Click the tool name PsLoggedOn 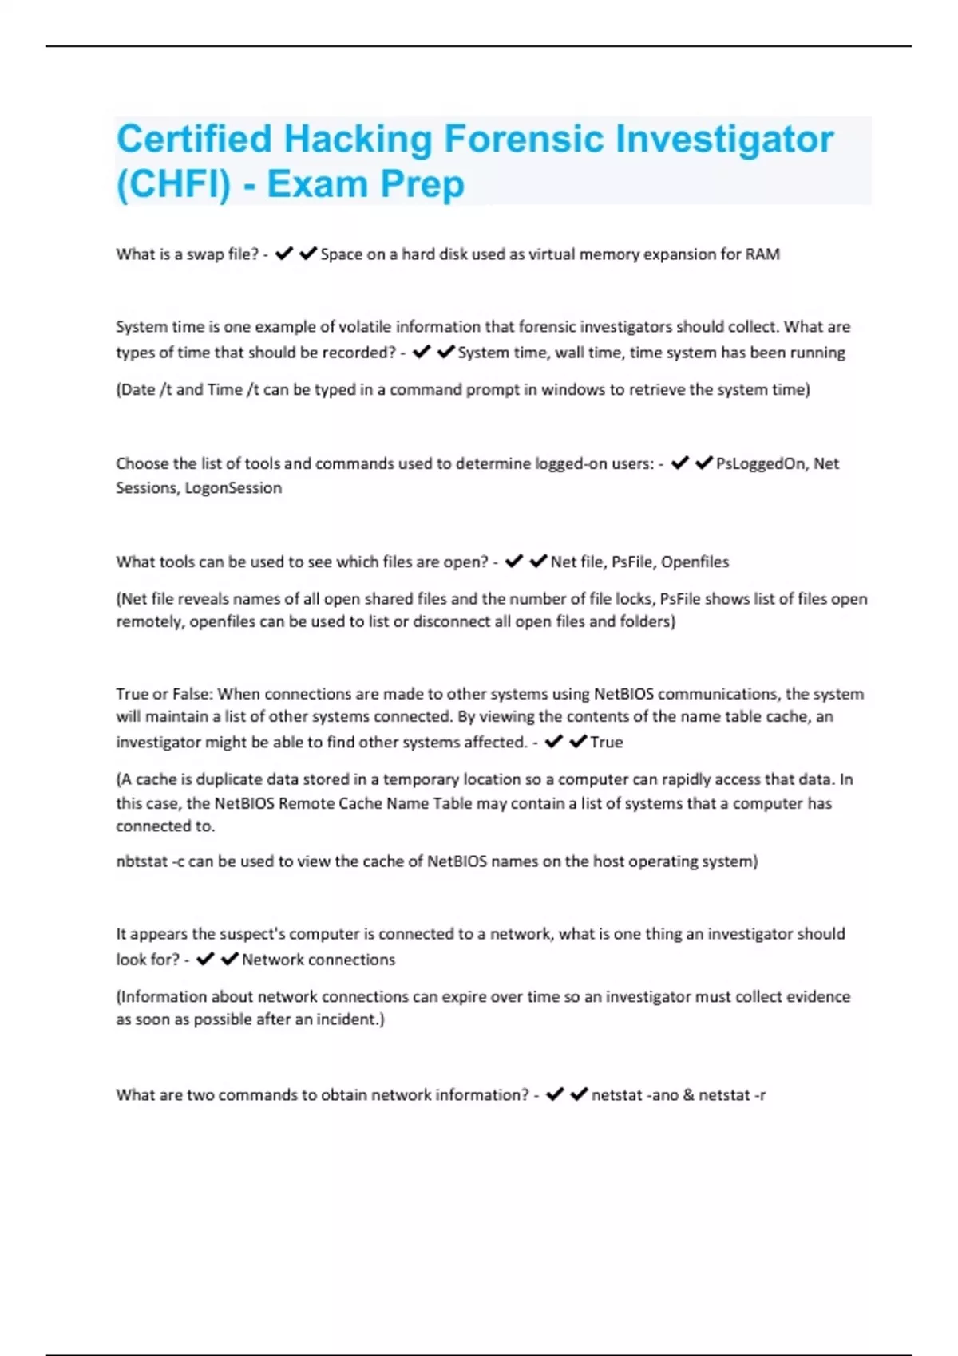[x=760, y=463]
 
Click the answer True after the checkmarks [x=606, y=742]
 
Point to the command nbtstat [x=141, y=861]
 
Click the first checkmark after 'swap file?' [x=283, y=254]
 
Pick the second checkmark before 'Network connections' [x=229, y=959]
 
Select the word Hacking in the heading [x=358, y=139]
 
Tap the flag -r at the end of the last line [x=758, y=1095]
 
